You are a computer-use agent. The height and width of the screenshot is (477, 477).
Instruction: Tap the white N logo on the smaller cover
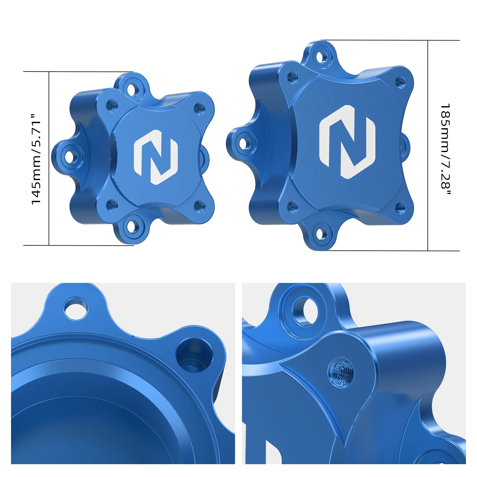[156, 157]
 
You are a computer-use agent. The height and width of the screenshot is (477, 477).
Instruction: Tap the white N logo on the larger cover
[347, 142]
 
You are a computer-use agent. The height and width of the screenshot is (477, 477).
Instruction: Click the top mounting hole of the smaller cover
[131, 89]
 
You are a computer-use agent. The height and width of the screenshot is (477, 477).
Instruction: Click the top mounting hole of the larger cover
[321, 57]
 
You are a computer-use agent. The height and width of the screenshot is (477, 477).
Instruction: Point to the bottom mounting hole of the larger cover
[320, 234]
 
